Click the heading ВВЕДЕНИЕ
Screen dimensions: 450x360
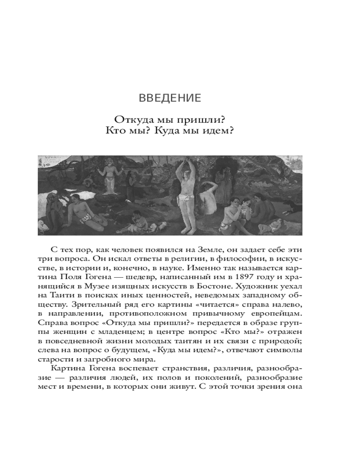point(170,98)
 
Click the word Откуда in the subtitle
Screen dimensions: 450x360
point(133,119)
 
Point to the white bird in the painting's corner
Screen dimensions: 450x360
point(43,225)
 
